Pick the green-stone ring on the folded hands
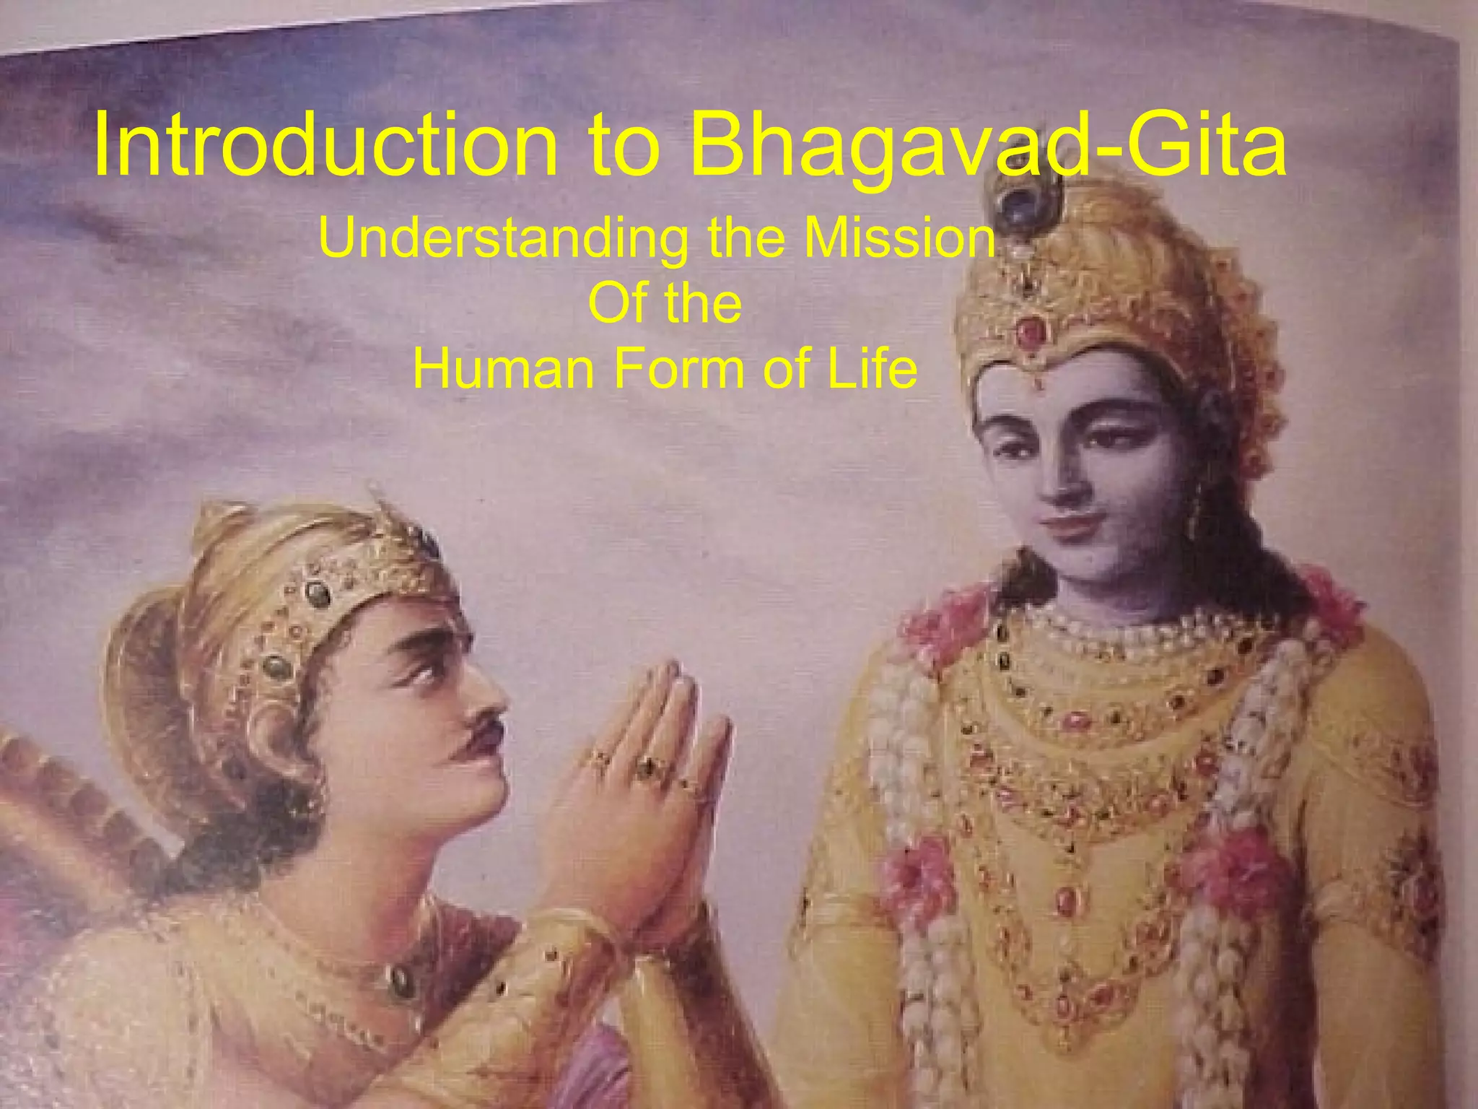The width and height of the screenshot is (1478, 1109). [x=644, y=767]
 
